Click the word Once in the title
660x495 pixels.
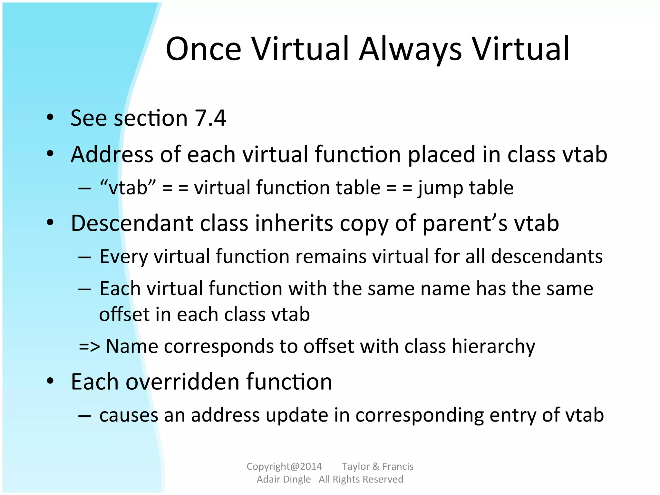tap(204, 49)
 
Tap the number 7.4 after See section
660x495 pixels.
tap(210, 118)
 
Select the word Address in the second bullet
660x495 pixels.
tap(112, 154)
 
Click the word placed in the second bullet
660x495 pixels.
tap(442, 154)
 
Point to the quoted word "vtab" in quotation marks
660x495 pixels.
tap(128, 188)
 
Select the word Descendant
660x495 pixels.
tap(131, 223)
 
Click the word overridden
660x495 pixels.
tap(182, 382)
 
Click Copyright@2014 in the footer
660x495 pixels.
tap(284, 466)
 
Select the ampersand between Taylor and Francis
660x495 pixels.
tap(376, 466)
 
